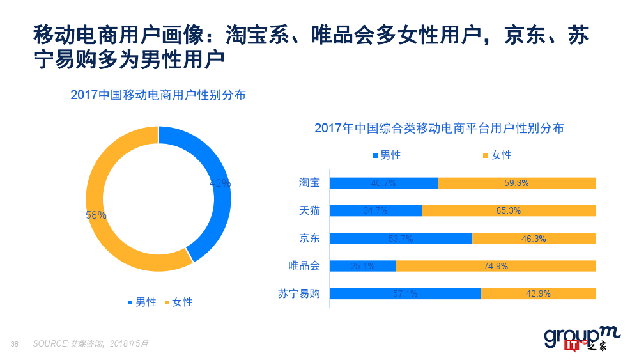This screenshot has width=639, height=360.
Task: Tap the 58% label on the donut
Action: (96, 215)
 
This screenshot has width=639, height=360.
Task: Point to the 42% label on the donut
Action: (220, 184)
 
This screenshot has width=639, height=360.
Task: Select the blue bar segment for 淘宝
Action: (383, 183)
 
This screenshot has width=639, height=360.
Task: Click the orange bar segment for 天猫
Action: (508, 210)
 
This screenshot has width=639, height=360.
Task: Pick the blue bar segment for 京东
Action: (401, 239)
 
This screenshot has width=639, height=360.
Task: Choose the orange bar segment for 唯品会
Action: (496, 266)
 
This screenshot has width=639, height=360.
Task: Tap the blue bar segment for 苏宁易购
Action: (405, 293)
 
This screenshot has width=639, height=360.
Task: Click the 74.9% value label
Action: (496, 266)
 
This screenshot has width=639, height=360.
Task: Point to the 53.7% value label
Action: (401, 239)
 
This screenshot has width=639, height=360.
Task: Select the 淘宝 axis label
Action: (309, 183)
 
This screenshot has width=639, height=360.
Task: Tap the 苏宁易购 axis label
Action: (299, 294)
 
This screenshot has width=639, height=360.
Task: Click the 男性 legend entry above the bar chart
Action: (386, 155)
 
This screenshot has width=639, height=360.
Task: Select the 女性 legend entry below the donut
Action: (178, 302)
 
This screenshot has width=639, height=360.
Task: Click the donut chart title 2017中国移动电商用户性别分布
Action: (158, 95)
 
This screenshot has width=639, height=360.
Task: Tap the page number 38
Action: (14, 344)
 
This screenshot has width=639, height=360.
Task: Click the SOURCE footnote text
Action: (90, 343)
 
